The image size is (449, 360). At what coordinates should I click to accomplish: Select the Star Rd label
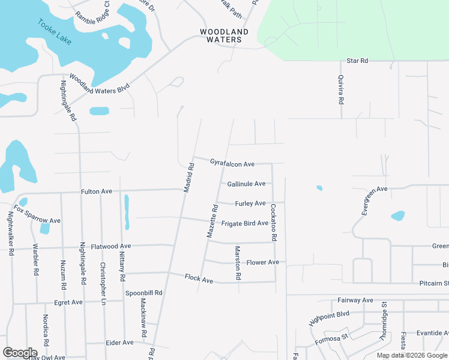[x=357, y=61]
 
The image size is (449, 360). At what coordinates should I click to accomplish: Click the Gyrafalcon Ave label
[x=232, y=163]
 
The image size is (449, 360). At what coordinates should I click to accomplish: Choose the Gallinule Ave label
[x=246, y=184]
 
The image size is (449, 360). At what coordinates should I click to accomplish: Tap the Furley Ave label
[x=250, y=203]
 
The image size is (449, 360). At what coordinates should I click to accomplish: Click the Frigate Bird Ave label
[x=244, y=223]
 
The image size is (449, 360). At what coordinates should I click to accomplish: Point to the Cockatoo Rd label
[x=274, y=222]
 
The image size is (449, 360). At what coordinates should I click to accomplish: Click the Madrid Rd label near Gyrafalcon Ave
[x=188, y=178]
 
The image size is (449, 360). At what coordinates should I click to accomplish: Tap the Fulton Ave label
[x=97, y=191]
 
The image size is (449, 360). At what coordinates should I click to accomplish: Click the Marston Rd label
[x=238, y=263]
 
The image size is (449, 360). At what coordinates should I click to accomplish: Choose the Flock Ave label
[x=199, y=279]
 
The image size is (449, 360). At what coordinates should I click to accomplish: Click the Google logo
[x=20, y=352]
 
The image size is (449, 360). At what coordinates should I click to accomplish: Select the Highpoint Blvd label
[x=329, y=318]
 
